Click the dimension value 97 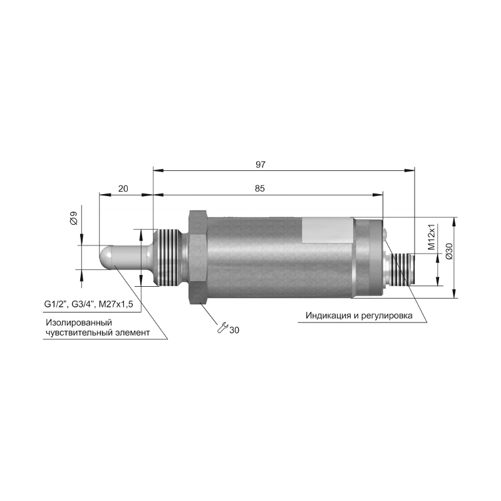click(x=261, y=165)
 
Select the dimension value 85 click(x=260, y=189)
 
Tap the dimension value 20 click(x=123, y=189)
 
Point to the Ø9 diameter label click(x=74, y=218)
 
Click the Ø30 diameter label click(x=449, y=251)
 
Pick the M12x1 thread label click(x=432, y=237)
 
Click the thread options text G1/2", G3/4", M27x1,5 click(x=88, y=304)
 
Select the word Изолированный click(x=79, y=323)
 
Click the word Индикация click(x=328, y=316)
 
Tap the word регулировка click(x=386, y=316)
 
